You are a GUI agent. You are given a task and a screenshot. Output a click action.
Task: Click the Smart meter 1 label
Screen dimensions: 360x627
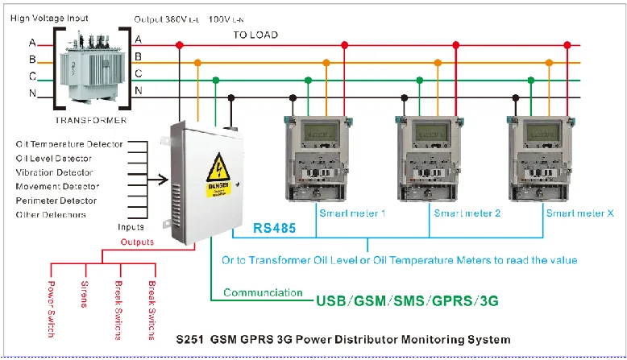(353, 213)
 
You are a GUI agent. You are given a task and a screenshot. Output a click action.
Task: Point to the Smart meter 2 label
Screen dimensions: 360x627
(467, 213)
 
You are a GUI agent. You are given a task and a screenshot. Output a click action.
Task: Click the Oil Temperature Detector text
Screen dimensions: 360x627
(69, 143)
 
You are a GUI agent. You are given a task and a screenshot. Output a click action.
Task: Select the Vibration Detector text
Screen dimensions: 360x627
(55, 172)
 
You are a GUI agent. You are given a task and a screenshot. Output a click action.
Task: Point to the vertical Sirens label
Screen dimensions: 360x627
(84, 295)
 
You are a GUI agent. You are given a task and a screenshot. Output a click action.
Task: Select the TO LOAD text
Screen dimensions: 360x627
(255, 35)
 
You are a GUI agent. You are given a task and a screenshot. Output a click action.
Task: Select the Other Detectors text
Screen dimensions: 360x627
(51, 215)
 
